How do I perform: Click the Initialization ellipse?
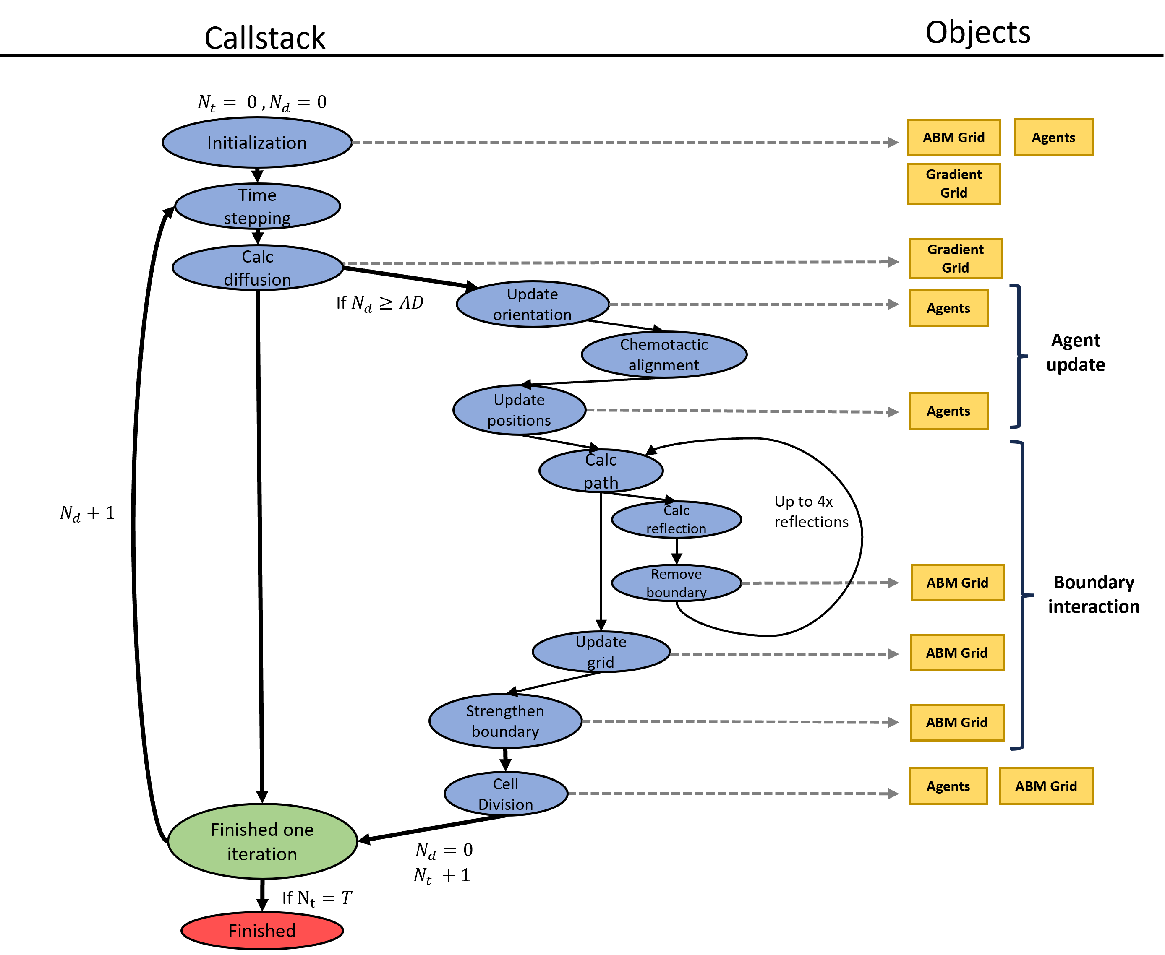coord(257,143)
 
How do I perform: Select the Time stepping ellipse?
coord(257,206)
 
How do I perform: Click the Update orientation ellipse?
coord(532,304)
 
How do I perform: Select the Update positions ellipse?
coord(519,410)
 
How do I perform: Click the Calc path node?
coord(601,471)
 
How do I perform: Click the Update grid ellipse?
coord(601,652)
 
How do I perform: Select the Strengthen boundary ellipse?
coord(505,721)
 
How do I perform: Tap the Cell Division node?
coord(505,794)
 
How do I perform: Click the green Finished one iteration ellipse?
coord(262,842)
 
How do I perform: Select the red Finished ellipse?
coord(262,931)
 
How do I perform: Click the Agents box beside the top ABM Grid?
coord(1053,138)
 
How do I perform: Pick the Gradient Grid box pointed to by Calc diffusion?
coord(955,258)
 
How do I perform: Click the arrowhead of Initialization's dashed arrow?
coord(893,143)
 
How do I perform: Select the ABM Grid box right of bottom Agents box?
coord(1045,786)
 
